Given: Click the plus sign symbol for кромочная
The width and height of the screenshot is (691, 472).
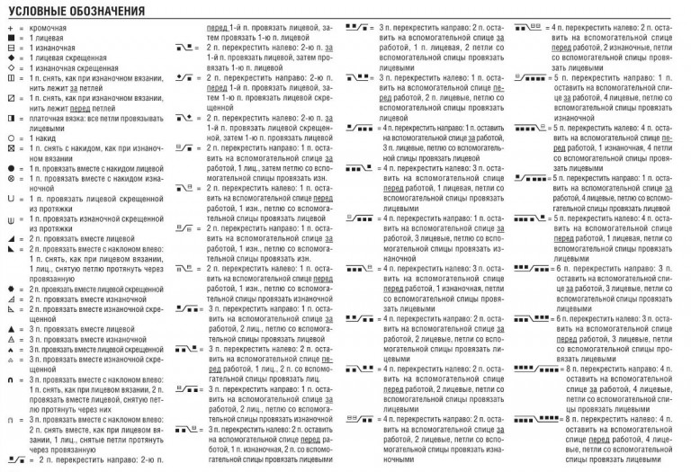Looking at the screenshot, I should [x=9, y=31].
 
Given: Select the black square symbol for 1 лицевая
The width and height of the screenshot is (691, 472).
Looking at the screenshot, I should [x=9, y=40].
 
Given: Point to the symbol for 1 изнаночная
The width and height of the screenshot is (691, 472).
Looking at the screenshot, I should [x=9, y=49].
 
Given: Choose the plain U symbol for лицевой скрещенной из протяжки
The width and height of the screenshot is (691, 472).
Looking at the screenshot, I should [x=9, y=200].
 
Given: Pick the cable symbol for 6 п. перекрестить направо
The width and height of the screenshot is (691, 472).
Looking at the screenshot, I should [x=531, y=269].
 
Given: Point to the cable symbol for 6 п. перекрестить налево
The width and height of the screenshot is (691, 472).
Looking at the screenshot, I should [x=531, y=319].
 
